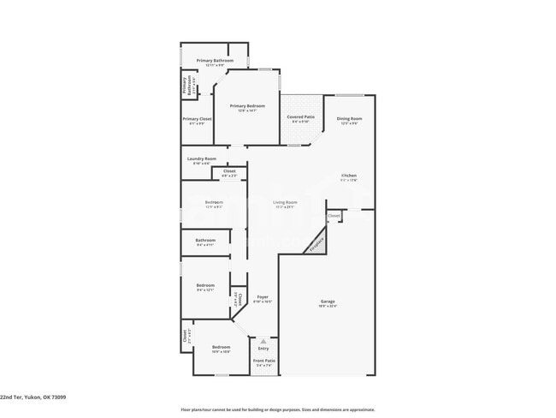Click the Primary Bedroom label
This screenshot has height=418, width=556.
pos(245,106)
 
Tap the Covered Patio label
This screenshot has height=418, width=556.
pos(299,118)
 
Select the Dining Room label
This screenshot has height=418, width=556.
pos(349,119)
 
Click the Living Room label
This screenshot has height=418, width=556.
pos(285,202)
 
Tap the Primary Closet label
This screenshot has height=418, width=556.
pos(198,119)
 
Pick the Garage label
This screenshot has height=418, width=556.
pos(328,302)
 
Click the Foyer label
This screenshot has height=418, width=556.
pos(263,296)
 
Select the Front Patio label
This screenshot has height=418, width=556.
pos(263,361)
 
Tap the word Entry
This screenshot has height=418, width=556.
pos(263,348)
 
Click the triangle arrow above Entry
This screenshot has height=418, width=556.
pos(263,341)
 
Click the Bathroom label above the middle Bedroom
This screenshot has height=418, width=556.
pos(205,240)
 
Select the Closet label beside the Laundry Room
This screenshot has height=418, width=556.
pos(229,171)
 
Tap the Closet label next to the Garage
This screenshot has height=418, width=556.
pos(334,215)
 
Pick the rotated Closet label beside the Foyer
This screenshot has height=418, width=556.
pos(240,299)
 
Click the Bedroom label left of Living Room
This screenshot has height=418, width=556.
pos(214,202)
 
